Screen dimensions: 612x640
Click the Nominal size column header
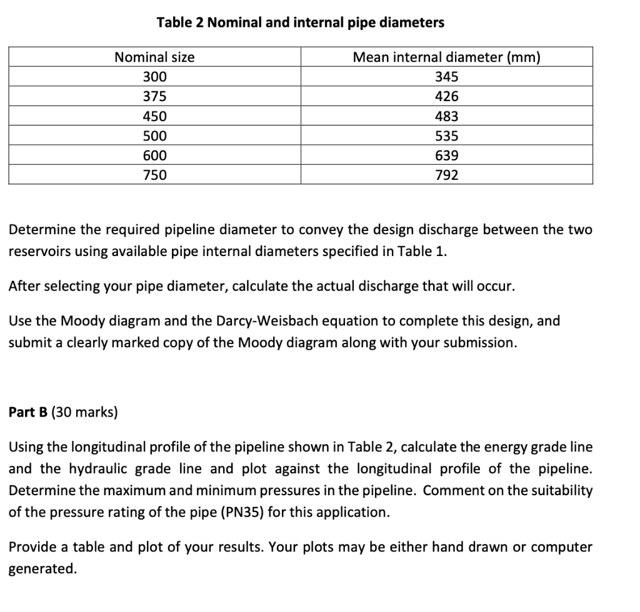[154, 57]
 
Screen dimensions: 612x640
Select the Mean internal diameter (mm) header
[446, 57]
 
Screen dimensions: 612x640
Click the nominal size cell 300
[154, 77]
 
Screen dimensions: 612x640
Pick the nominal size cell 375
[154, 96]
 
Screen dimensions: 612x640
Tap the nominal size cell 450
[154, 116]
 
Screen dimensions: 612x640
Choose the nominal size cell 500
[154, 136]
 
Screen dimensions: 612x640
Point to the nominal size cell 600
[154, 155]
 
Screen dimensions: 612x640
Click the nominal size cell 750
[154, 175]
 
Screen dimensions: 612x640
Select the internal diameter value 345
[446, 77]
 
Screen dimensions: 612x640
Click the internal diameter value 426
[446, 96]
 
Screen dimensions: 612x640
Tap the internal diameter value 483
[446, 116]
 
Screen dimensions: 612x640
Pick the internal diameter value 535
[446, 136]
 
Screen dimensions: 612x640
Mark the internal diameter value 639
[446, 155]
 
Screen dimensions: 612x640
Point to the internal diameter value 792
[446, 175]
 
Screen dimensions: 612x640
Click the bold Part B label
[28, 412]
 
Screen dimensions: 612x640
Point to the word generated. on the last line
[42, 569]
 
